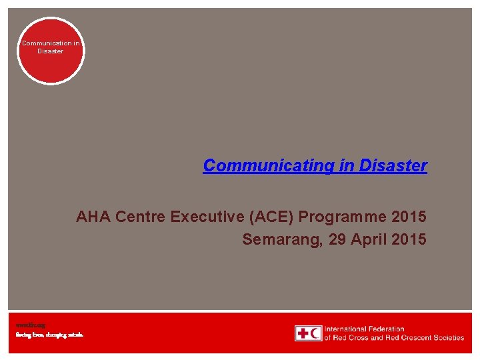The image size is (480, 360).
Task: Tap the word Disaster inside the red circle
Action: pyautogui.click(x=51, y=51)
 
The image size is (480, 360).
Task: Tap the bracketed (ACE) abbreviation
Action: pyautogui.click(x=273, y=217)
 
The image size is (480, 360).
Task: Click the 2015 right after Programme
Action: pyautogui.click(x=409, y=217)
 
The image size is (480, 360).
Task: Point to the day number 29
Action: pyautogui.click(x=338, y=239)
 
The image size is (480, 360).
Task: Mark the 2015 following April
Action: pyautogui.click(x=409, y=239)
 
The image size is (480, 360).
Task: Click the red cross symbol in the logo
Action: pyautogui.click(x=303, y=333)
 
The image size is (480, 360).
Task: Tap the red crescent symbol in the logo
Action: pyautogui.click(x=315, y=333)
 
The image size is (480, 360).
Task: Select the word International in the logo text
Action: pyautogui.click(x=347, y=329)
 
